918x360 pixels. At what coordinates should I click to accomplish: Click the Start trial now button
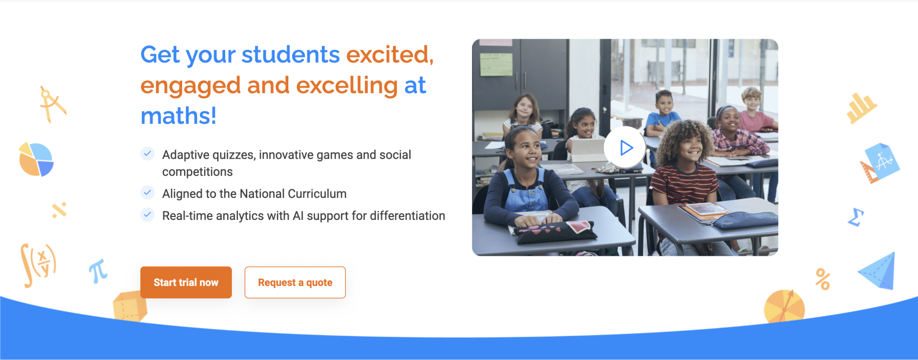tap(186, 282)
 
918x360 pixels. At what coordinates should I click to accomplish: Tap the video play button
tap(625, 147)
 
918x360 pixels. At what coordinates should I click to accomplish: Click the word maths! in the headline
tap(178, 116)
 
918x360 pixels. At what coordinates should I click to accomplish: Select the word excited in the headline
tap(387, 55)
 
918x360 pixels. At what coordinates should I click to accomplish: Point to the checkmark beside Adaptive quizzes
tap(148, 153)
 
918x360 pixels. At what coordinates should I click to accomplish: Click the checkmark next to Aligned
tap(148, 193)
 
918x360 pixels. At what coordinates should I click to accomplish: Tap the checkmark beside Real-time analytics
tap(148, 215)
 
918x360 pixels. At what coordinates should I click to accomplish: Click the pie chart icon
tap(36, 160)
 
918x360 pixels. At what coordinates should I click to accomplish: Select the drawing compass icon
tap(52, 104)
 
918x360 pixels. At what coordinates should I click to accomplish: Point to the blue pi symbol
tap(98, 271)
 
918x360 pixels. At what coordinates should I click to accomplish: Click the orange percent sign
tap(823, 279)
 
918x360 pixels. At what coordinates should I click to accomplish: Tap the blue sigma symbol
tap(856, 217)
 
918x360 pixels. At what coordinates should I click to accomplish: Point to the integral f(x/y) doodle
tap(38, 264)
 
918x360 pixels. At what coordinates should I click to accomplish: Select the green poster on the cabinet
tap(496, 64)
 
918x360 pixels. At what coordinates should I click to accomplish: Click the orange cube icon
tap(130, 306)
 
